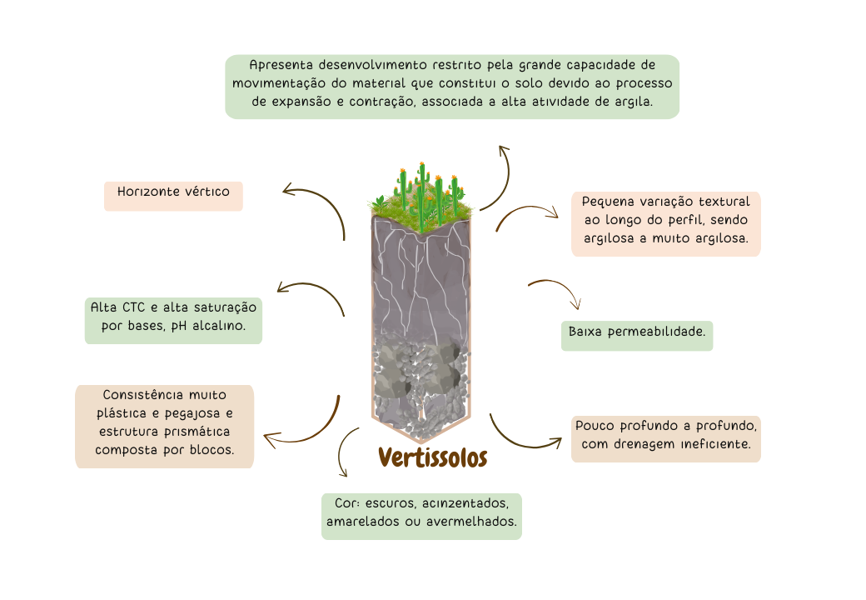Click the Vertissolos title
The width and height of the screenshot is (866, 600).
pyautogui.click(x=432, y=457)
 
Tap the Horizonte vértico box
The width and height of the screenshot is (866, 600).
pyautogui.click(x=173, y=192)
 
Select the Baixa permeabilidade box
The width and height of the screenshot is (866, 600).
pyautogui.click(x=637, y=332)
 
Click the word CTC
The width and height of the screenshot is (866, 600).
pyautogui.click(x=133, y=307)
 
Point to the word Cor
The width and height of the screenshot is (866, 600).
pyautogui.click(x=346, y=505)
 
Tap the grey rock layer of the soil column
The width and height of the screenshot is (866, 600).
pyautogui.click(x=421, y=379)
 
